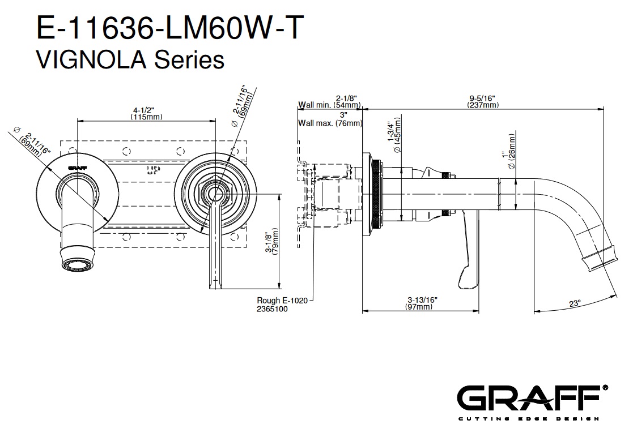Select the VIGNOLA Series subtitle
point(130,58)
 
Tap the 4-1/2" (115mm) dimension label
point(146,113)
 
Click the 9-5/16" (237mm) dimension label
point(482,101)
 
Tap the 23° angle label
point(575,303)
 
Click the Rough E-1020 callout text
point(282,301)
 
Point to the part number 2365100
point(273,309)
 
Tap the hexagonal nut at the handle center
point(214,194)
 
